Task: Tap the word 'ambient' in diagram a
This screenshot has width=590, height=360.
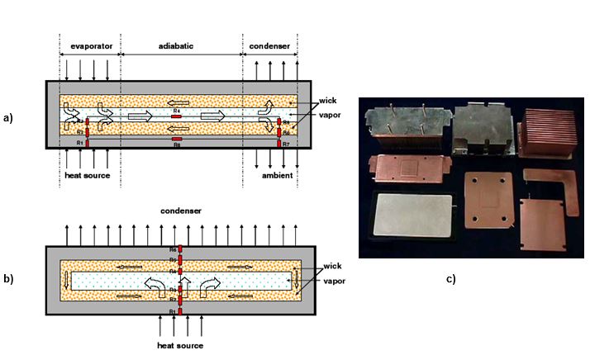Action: coord(272,175)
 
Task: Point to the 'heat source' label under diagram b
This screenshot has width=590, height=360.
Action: coord(179,344)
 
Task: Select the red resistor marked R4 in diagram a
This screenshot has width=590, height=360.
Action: coord(176,116)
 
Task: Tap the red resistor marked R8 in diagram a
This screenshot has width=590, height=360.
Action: coord(176,139)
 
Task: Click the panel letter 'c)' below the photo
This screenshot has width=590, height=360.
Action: coord(451,278)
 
